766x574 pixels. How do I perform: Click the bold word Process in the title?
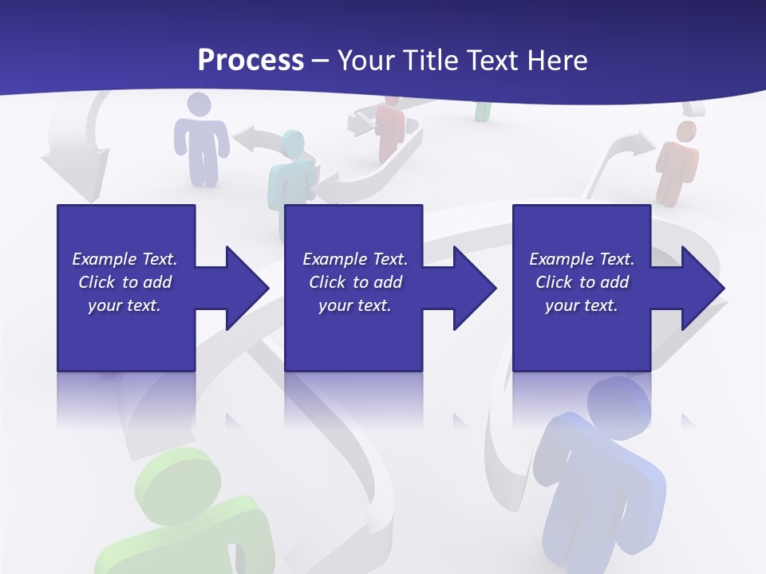pyautogui.click(x=251, y=60)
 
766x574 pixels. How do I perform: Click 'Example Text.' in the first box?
pyautogui.click(x=124, y=259)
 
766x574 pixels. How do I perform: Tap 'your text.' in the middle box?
pyautogui.click(x=354, y=305)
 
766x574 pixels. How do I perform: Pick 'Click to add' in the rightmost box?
pyautogui.click(x=582, y=282)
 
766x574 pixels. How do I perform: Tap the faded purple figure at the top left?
pyautogui.click(x=200, y=140)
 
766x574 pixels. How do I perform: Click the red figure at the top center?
pyautogui.click(x=390, y=128)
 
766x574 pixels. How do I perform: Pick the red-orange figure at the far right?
pyautogui.click(x=677, y=163)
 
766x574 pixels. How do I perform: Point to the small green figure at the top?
pyautogui.click(x=483, y=112)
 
